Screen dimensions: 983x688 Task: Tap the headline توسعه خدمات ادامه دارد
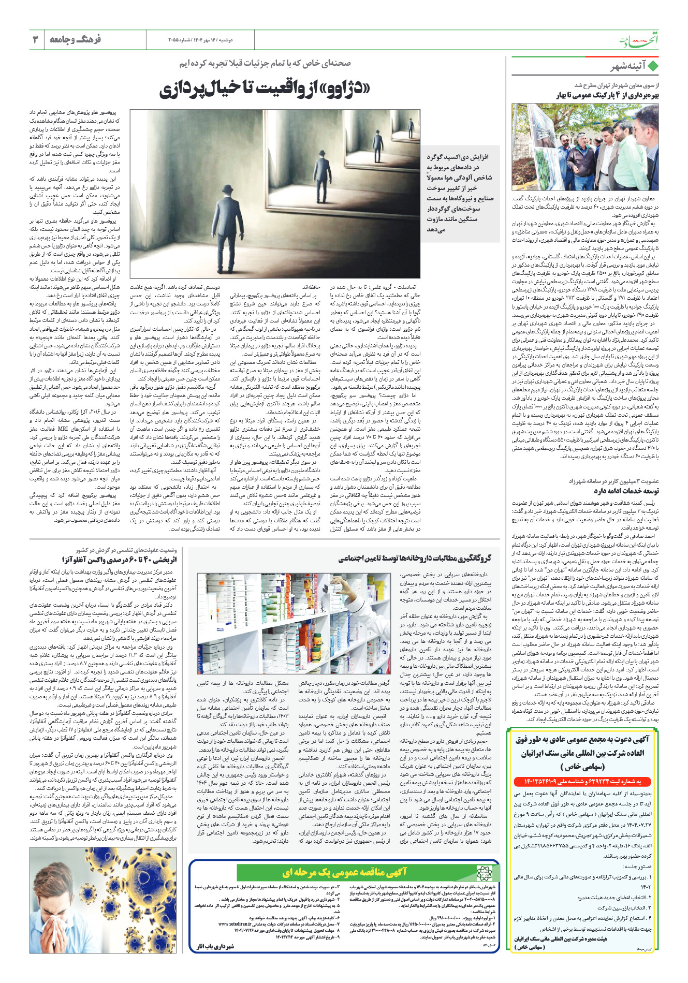(x=626, y=491)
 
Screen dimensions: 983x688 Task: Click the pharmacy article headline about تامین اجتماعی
(x=415, y=559)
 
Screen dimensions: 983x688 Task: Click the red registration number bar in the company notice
(x=585, y=781)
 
